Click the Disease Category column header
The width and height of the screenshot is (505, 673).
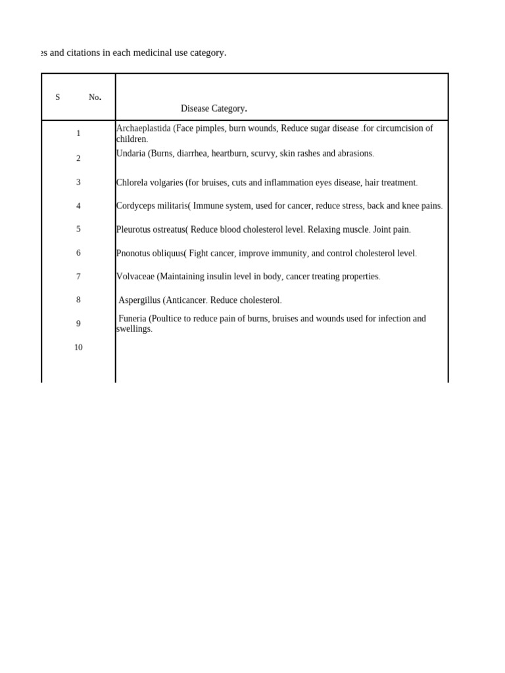tap(214, 108)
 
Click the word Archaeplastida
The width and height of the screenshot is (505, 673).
tap(143, 128)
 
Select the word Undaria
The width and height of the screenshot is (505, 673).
tap(131, 153)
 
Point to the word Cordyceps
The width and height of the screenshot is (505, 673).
tap(136, 206)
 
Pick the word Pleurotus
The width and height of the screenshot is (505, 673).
tap(135, 229)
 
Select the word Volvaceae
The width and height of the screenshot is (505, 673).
tap(135, 277)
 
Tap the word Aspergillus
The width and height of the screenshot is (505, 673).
tap(139, 300)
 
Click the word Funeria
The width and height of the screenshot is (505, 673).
tap(132, 319)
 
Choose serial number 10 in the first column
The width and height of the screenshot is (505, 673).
tap(78, 348)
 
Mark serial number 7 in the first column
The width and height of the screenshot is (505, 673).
tap(78, 277)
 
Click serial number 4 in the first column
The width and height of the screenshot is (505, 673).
tap(78, 206)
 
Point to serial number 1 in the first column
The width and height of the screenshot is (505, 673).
tap(78, 133)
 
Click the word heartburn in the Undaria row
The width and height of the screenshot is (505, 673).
tap(229, 153)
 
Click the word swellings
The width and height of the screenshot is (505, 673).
tap(133, 329)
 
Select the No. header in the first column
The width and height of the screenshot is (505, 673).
tap(95, 97)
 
